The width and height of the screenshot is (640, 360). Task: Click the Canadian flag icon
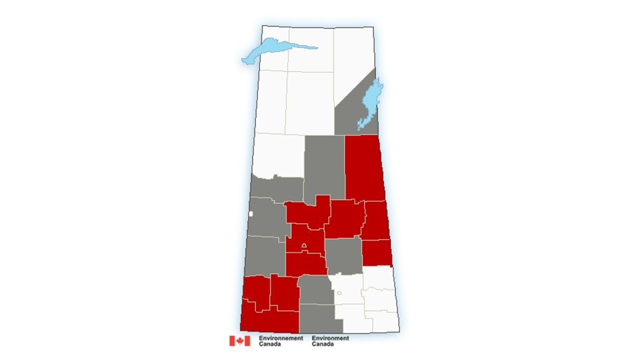pos(240,341)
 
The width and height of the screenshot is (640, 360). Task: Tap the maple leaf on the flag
pos(240,341)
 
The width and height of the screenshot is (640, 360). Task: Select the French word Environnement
pos(281,338)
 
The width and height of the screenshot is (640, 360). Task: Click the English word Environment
pos(330,338)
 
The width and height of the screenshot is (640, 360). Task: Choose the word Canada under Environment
pos(322,344)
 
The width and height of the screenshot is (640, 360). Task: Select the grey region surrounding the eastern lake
pos(348,115)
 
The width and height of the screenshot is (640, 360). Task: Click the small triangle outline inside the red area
pos(304,246)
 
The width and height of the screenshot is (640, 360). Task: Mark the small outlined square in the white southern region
pos(339,293)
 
